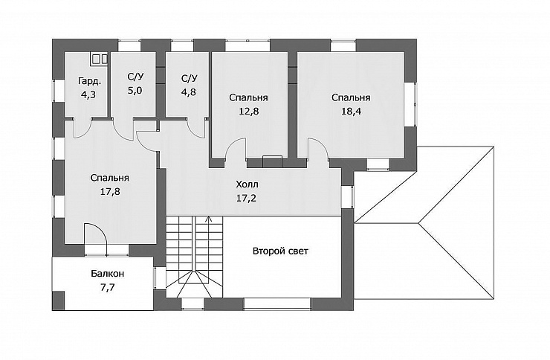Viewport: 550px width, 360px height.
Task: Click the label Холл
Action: click(247, 184)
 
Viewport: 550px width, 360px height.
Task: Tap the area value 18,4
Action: click(351, 112)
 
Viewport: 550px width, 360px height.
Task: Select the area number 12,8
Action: click(248, 112)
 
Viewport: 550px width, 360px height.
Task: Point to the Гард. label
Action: click(89, 81)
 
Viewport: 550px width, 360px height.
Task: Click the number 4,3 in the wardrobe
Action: click(88, 94)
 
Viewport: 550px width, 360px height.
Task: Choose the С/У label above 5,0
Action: click(135, 77)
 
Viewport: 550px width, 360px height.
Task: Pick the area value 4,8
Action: click(188, 92)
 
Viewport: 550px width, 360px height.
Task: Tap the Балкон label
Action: click(107, 273)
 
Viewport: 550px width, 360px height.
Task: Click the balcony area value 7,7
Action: click(108, 287)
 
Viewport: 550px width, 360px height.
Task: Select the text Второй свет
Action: click(280, 251)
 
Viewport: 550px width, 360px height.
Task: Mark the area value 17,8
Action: click(110, 192)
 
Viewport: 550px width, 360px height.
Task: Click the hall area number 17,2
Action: click(246, 199)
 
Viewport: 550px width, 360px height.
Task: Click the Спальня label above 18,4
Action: click(351, 97)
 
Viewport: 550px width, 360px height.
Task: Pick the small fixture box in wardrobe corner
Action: click(100, 59)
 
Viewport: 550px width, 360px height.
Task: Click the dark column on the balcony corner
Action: click(58, 300)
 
